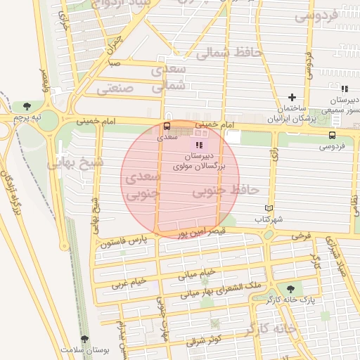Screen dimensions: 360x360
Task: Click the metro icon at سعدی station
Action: point(167,127)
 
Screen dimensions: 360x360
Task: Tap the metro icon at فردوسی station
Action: point(332,135)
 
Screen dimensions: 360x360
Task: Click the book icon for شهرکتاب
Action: point(268,208)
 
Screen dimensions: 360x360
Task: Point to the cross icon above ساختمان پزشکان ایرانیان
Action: point(292,97)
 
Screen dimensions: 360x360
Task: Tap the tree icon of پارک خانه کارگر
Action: point(290,288)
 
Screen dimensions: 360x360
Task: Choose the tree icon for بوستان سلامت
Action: point(85,340)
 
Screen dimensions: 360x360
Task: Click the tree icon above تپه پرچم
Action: point(26,106)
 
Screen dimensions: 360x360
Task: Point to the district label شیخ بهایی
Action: point(75,162)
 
